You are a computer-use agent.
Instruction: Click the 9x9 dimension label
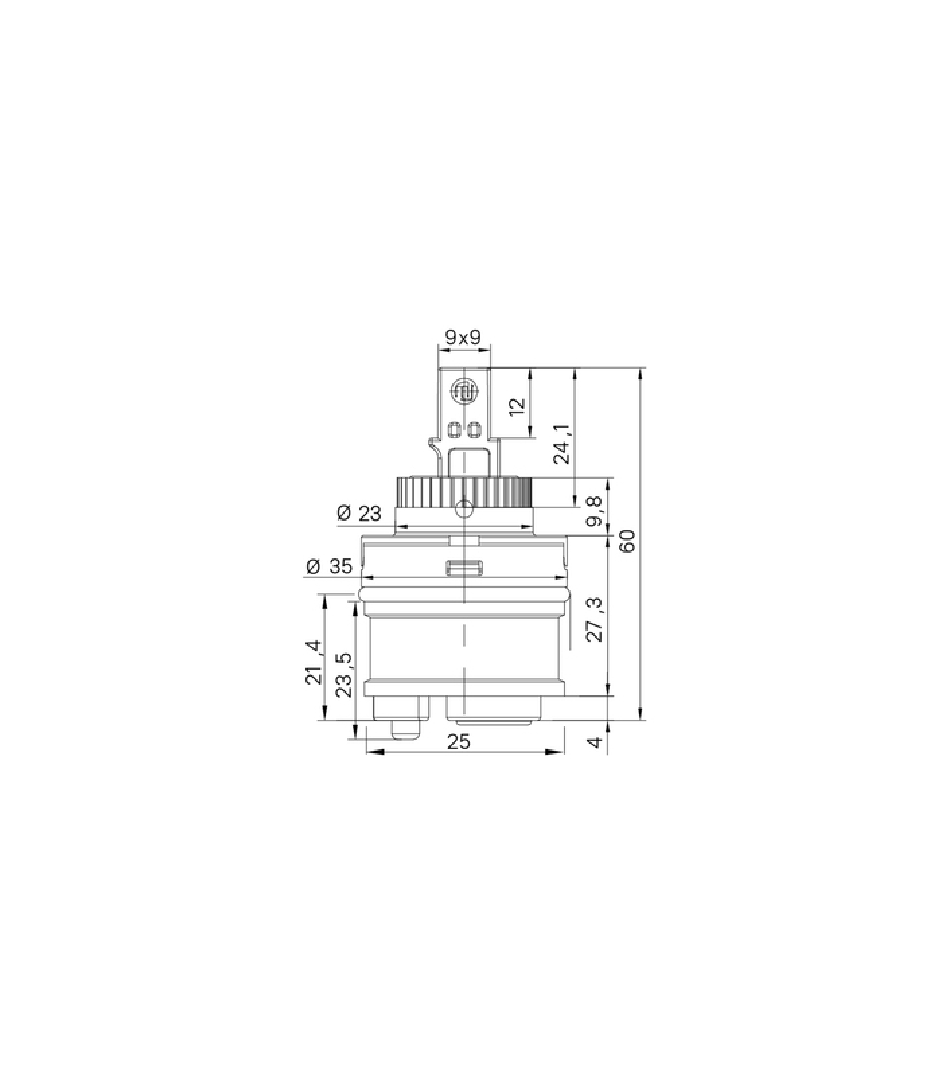[464, 337]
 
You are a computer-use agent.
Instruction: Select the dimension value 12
[517, 407]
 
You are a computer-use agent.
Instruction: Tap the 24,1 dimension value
[563, 445]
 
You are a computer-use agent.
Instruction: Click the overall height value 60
[627, 541]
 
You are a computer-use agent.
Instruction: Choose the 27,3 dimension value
[595, 619]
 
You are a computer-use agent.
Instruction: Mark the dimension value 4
[594, 742]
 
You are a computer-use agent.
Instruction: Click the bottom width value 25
[460, 741]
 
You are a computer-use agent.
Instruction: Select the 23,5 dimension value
[344, 675]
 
